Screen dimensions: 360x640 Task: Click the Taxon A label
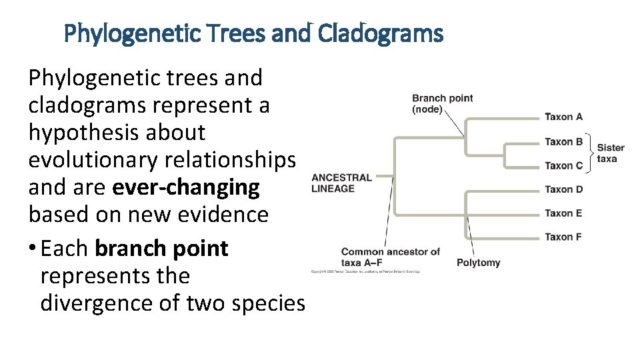click(563, 117)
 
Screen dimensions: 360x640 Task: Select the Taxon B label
click(563, 141)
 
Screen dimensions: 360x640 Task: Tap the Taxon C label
click(563, 165)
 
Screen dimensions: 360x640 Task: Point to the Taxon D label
click(563, 189)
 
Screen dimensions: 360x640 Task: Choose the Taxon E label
click(563, 213)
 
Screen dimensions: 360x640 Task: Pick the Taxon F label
click(563, 237)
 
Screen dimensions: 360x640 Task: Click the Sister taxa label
click(610, 153)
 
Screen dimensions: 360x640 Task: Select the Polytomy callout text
click(478, 263)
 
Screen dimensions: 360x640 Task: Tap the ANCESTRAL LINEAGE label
click(341, 183)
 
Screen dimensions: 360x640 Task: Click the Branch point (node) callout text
click(442, 103)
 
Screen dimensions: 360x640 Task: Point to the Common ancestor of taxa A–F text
click(390, 257)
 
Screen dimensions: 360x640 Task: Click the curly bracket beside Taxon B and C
click(590, 153)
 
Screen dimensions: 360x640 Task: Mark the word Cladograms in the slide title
click(380, 33)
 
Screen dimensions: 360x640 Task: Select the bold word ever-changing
click(186, 187)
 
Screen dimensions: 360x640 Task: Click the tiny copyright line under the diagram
click(365, 271)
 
